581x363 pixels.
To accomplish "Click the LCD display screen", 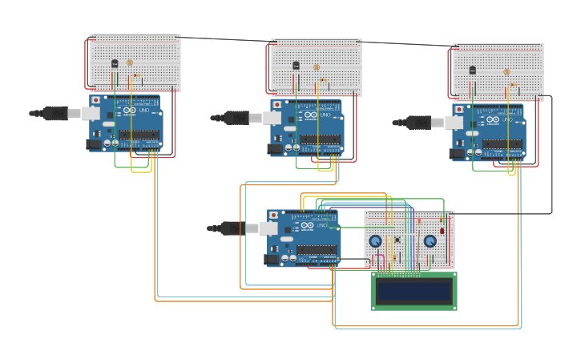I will (414, 291).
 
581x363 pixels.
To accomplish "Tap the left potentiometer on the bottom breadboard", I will (375, 241).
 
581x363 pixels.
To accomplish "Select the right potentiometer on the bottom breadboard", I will (430, 241).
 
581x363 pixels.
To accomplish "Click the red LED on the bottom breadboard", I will (442, 230).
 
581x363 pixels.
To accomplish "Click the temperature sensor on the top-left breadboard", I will (115, 63).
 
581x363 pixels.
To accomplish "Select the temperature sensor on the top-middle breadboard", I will (296, 66).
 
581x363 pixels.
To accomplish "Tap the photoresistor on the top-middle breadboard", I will (316, 67).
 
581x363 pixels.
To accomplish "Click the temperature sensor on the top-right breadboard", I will (472, 71).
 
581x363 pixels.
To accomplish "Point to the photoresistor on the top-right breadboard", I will (506, 71).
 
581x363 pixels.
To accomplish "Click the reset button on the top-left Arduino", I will (96, 100).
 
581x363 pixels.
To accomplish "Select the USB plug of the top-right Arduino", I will (420, 123).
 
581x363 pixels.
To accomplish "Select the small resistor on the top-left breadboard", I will (137, 76).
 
